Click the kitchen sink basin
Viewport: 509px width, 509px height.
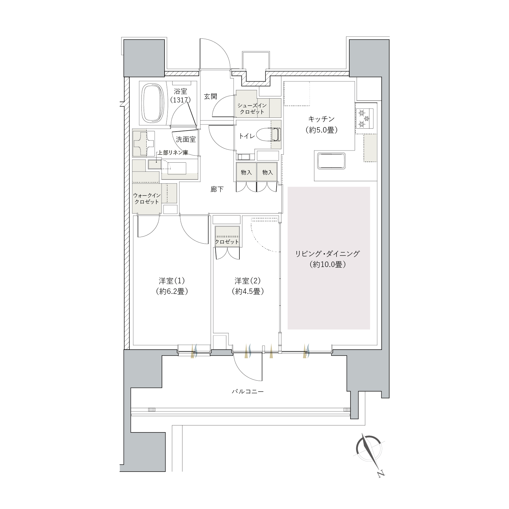point(331,161)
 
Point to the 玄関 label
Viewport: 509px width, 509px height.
point(211,96)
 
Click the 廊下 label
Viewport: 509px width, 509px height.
point(217,190)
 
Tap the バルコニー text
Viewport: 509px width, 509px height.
point(248,392)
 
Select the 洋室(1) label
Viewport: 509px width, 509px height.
point(172,281)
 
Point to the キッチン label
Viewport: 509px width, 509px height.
point(321,119)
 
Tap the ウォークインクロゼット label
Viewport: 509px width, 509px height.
point(147,198)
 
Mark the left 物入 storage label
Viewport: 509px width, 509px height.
point(246,172)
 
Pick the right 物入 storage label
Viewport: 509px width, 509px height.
point(267,172)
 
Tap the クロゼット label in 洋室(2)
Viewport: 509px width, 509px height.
point(227,242)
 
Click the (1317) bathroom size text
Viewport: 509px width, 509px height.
point(180,100)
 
